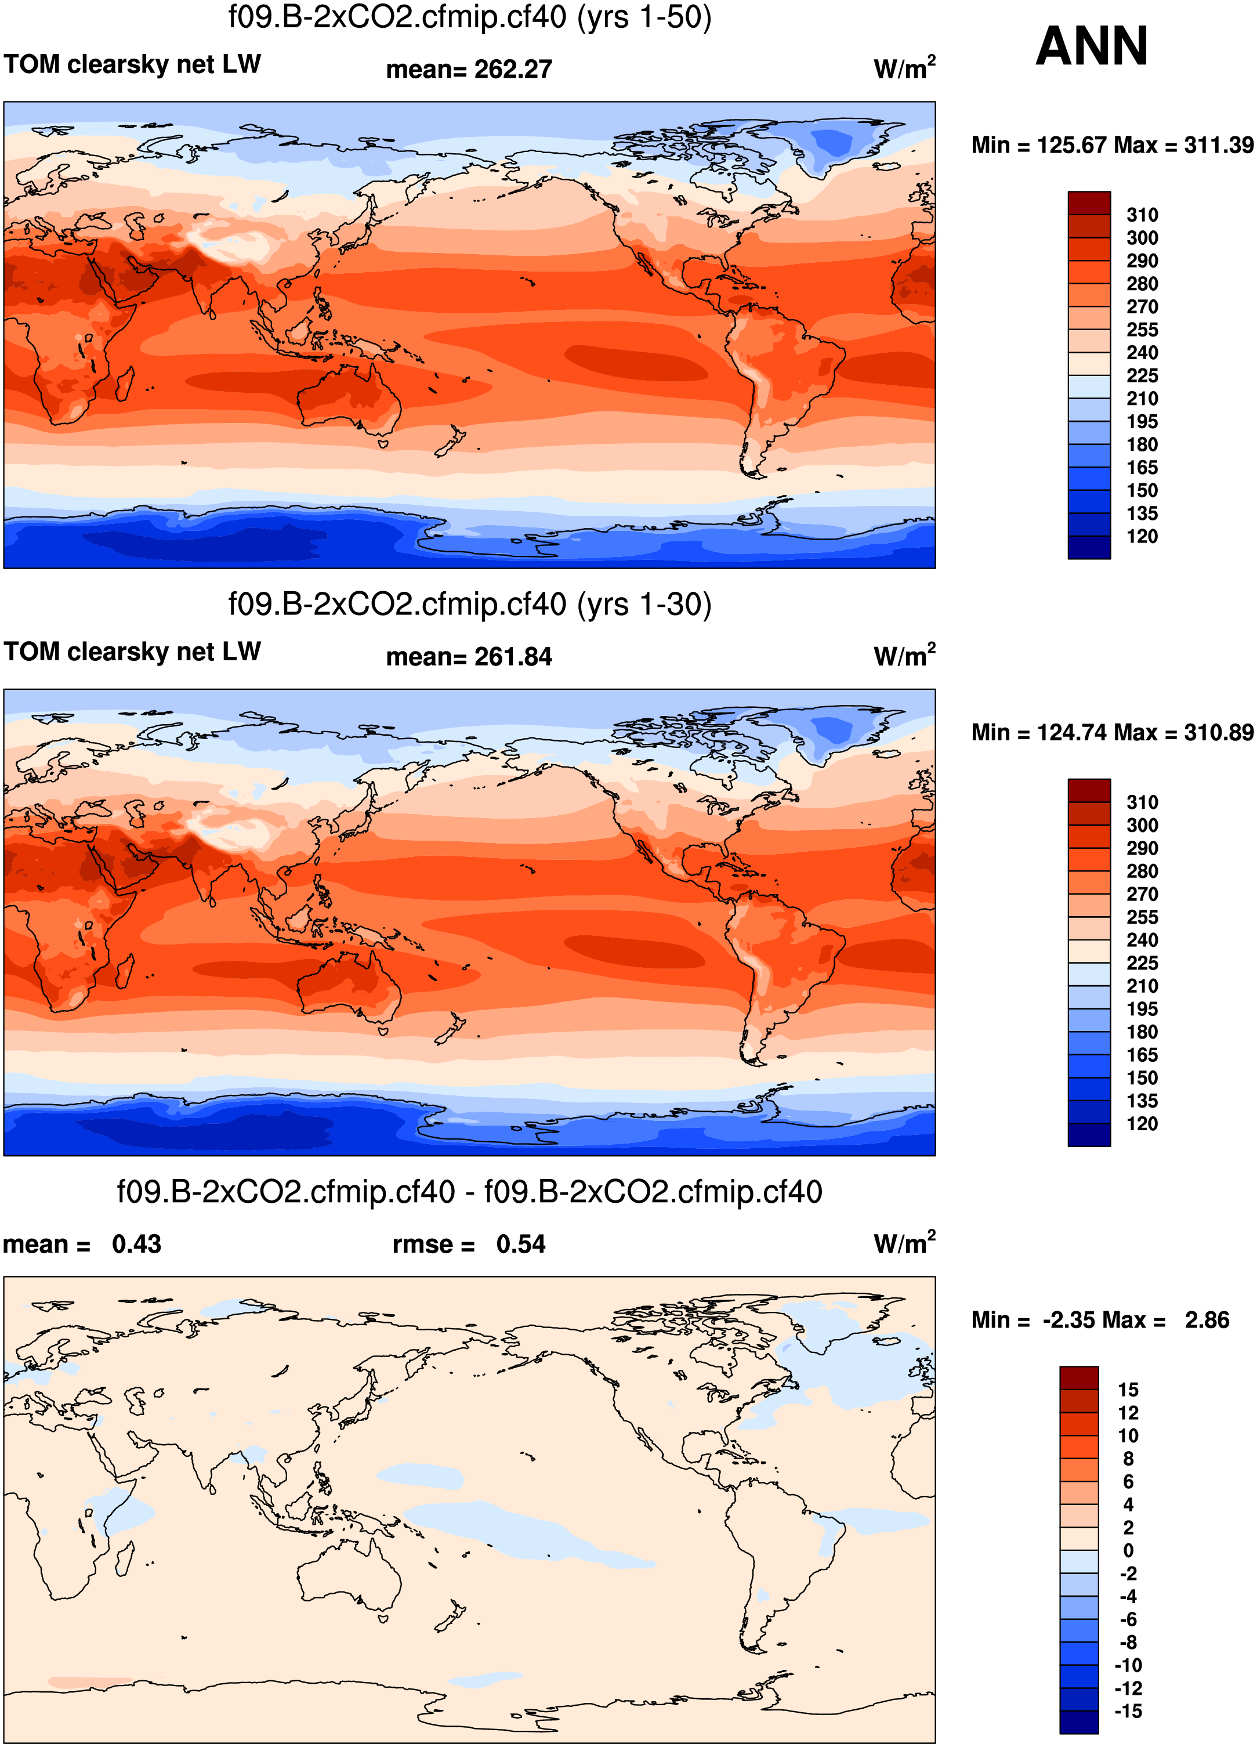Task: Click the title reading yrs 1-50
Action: (x=470, y=17)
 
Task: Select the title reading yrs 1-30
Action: (x=470, y=605)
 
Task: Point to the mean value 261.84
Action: (x=513, y=657)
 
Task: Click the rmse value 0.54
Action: (x=521, y=1245)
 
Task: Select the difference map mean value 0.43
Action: (x=136, y=1245)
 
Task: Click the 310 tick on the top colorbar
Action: (x=1142, y=215)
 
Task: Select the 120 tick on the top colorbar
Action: (x=1142, y=537)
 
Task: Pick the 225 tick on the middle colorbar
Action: (x=1142, y=963)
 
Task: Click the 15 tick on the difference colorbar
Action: (x=1128, y=1390)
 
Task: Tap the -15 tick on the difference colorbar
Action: (x=1128, y=1712)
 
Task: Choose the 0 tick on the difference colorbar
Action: (x=1128, y=1550)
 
